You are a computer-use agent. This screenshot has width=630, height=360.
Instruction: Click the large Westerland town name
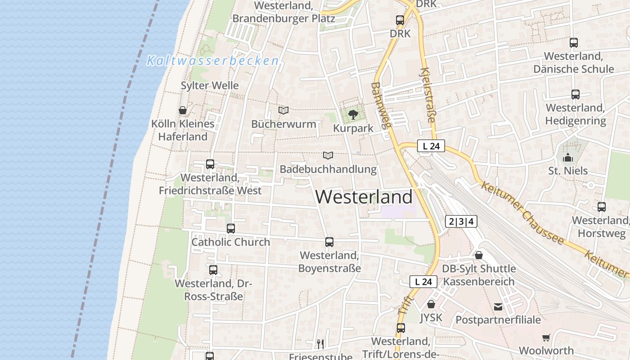click(364, 197)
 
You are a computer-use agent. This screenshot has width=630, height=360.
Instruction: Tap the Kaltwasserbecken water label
click(212, 61)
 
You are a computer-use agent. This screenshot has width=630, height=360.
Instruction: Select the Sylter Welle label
click(210, 85)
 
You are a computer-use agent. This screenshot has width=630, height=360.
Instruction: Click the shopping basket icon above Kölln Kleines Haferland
click(183, 110)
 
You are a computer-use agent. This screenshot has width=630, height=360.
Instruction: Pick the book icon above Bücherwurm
click(283, 110)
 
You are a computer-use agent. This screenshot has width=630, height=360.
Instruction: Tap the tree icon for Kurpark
click(353, 114)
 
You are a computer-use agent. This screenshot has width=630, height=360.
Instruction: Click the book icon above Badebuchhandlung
click(328, 156)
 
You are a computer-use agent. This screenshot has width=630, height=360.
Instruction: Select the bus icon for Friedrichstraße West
click(210, 164)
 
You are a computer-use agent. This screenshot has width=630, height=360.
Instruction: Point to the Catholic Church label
click(231, 242)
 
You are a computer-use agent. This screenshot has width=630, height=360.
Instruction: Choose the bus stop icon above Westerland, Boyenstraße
click(329, 242)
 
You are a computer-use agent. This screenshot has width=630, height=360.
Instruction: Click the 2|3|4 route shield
click(461, 221)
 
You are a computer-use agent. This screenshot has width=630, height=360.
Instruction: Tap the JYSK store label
click(431, 318)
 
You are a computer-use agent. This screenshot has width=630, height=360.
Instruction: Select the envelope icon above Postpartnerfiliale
click(498, 307)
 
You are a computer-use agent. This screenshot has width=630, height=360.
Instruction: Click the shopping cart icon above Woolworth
click(546, 337)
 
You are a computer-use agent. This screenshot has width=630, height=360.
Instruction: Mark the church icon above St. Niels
click(568, 157)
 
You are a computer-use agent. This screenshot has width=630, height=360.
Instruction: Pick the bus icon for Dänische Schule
click(574, 43)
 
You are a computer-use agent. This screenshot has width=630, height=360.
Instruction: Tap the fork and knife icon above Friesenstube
click(320, 344)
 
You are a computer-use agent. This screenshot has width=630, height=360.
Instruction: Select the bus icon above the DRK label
click(400, 20)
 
